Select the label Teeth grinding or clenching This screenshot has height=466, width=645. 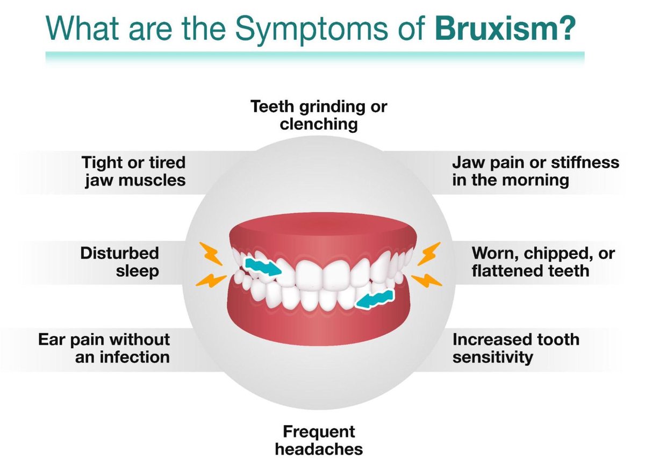coord(319,115)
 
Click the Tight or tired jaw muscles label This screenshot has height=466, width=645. coord(134,170)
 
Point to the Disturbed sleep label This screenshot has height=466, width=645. coord(120,262)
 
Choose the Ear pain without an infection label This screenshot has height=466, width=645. coord(104,348)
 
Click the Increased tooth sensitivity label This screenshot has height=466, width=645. coord(515,348)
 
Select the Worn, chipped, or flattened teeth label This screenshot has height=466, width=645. coord(543,262)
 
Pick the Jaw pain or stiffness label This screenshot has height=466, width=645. coord(535,170)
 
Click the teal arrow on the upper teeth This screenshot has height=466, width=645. coord(262,266)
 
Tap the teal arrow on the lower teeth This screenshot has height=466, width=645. coord(375,298)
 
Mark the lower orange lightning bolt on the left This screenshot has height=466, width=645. coord(206,280)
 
